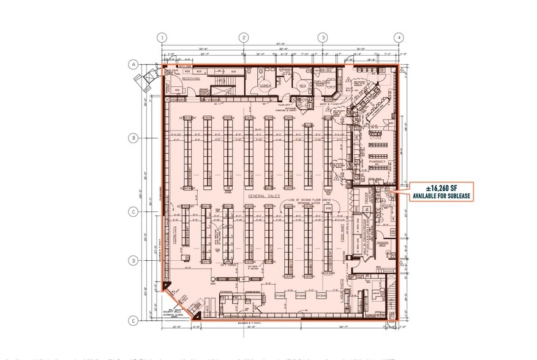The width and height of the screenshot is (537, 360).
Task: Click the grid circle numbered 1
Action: point(162,37)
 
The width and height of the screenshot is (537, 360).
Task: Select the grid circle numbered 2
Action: point(244,37)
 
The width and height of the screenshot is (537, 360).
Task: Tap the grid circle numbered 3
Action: point(321,37)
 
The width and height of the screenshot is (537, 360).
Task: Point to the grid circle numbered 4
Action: point(398,37)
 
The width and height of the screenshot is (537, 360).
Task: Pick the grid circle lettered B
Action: point(132,138)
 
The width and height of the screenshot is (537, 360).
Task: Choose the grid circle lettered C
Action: point(132,212)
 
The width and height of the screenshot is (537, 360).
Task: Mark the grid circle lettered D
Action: point(132,261)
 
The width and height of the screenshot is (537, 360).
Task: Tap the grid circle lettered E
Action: point(132,320)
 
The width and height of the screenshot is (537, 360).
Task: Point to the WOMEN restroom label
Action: point(265,86)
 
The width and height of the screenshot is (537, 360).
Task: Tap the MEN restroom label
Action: point(302,86)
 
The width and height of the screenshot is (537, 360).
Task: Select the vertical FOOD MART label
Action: point(343,236)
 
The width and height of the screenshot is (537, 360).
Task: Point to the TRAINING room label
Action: point(384,245)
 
